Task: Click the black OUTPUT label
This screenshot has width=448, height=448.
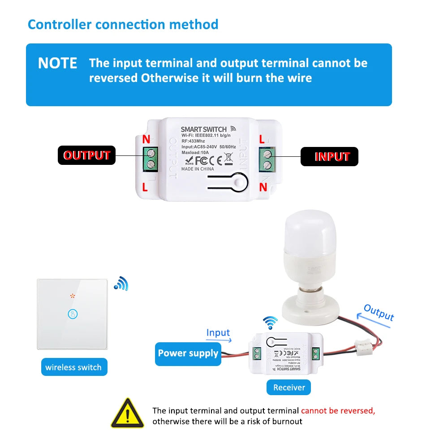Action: point(86,155)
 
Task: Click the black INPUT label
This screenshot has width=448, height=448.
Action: point(329,156)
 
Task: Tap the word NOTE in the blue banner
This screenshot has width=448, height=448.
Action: point(57,63)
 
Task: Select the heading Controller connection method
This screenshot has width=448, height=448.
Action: point(123,24)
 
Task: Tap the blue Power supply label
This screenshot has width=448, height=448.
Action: point(188,353)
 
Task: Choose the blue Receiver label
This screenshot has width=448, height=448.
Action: point(289,388)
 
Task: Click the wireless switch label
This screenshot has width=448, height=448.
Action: point(73,367)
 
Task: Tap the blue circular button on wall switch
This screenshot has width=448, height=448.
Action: point(72,314)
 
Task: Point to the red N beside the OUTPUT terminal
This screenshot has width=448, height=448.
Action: point(146,139)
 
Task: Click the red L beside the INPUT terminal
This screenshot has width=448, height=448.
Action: point(262,139)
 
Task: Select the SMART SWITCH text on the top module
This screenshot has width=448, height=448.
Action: point(204,129)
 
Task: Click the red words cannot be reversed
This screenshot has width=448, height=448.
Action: point(338,410)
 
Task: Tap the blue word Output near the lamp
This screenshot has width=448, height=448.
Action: point(379,312)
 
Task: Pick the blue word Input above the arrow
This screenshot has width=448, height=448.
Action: point(218,332)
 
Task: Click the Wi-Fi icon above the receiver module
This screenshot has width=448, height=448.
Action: point(270,322)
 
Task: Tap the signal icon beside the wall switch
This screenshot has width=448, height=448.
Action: point(121,283)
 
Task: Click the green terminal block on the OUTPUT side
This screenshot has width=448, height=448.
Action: point(151,159)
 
